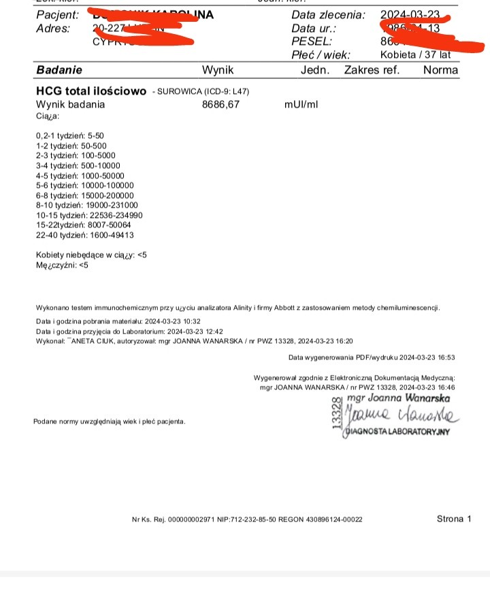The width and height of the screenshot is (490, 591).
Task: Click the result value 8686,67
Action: pos(221,105)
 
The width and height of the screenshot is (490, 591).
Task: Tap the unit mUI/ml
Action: pos(301,105)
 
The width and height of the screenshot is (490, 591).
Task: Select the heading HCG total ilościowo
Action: pos(91,91)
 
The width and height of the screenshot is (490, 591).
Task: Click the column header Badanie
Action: pos(59,69)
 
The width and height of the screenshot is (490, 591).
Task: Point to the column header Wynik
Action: pos(218,69)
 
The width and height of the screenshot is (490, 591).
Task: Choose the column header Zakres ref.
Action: pos(372,69)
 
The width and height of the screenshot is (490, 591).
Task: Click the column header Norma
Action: pos(440,69)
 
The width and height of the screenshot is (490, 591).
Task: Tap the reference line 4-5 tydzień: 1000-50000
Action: pos(80,175)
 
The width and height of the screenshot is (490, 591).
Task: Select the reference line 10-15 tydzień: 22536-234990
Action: pos(88,214)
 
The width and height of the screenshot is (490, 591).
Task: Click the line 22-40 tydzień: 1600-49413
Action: pos(84,235)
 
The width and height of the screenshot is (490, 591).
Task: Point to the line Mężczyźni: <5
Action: pos(62,265)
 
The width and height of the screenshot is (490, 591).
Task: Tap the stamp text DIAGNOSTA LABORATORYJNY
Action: pos(398,432)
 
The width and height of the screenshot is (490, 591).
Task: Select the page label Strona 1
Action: pos(454,519)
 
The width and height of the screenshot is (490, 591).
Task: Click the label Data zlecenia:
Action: pos(328,15)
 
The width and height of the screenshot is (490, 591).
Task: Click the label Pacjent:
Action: pos(57,15)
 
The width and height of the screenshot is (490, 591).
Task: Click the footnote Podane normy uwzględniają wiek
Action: pos(109,421)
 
